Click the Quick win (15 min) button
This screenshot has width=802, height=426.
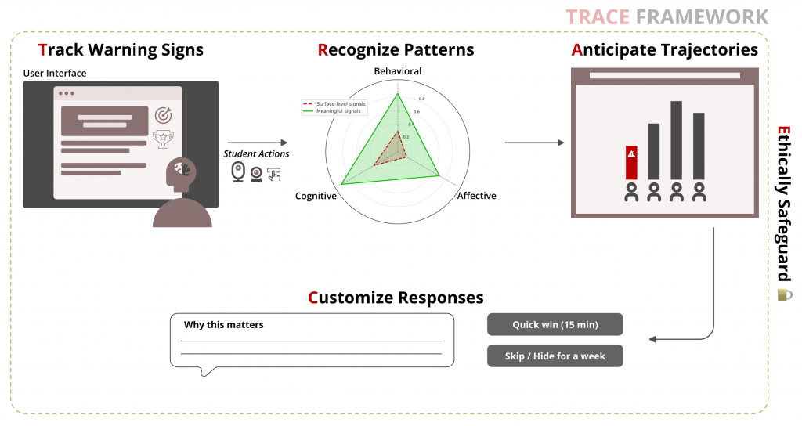point(555,325)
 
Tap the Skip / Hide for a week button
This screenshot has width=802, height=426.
point(555,356)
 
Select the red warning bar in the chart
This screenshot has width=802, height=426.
point(631,162)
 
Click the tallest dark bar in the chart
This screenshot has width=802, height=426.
point(676,140)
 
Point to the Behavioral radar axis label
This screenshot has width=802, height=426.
point(397,71)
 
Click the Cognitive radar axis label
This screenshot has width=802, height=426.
point(316,196)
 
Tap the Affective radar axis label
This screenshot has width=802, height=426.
point(476,196)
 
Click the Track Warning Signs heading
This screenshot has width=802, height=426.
point(121,50)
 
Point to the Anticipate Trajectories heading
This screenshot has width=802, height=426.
point(665,50)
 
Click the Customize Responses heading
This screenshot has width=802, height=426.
point(396,298)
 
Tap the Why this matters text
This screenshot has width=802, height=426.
point(224,324)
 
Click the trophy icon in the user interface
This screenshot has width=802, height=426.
point(164,139)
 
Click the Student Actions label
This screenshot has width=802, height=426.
point(256,153)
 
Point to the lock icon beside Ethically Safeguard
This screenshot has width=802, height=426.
point(784,294)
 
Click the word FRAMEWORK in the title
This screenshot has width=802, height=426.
point(702,16)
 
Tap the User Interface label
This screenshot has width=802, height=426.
point(55,74)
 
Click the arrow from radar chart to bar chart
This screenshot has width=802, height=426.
point(534,143)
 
